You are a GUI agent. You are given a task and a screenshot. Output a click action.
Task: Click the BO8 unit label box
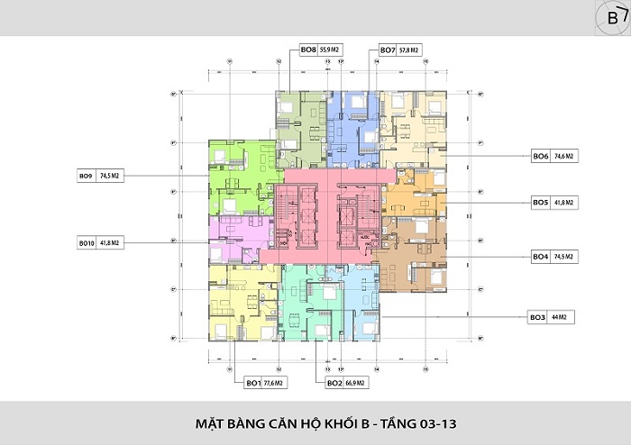(x=307, y=50)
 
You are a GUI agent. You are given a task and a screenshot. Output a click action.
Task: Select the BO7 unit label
(x=387, y=50)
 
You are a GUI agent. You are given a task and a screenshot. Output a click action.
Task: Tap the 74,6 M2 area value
(x=564, y=156)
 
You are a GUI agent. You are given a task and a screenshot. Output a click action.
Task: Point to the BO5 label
(x=540, y=203)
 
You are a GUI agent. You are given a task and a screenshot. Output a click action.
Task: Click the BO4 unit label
(x=540, y=257)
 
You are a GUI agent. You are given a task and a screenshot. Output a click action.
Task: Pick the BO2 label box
(x=334, y=382)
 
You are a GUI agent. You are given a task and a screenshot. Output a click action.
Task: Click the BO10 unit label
(x=87, y=243)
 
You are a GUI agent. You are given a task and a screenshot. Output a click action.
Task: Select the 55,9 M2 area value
(x=332, y=50)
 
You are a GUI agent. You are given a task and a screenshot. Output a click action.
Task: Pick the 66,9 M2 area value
(x=358, y=382)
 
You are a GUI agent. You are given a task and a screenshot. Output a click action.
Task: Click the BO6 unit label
(x=541, y=156)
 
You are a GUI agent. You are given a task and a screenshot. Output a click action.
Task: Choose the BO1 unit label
(x=254, y=382)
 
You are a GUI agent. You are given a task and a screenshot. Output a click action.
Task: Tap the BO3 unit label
(x=538, y=317)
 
